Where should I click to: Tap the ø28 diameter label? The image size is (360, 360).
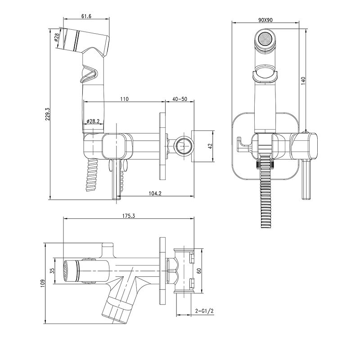(x=57, y=37)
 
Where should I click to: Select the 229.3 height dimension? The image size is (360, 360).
(x=48, y=114)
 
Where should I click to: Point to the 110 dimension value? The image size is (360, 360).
(x=124, y=99)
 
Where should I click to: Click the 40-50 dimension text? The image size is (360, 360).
(x=180, y=99)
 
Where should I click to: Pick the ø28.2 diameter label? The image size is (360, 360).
(x=93, y=121)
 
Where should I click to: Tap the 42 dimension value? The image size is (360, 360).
(x=210, y=146)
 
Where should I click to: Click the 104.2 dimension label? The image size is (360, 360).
(x=155, y=193)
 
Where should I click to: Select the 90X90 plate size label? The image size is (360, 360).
(x=265, y=20)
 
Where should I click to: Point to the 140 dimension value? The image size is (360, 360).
(x=303, y=81)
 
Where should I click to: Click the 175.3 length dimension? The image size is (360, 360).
(x=129, y=216)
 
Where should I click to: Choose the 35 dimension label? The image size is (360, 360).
(x=52, y=271)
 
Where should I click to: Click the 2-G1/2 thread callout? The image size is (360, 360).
(x=205, y=311)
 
